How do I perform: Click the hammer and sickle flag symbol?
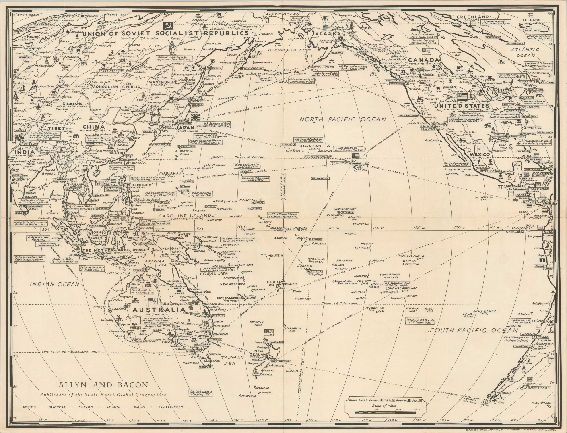coord(168,25)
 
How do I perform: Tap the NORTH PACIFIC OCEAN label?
coord(343,119)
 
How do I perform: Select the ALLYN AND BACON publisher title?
coord(103,393)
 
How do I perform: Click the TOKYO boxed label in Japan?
coord(182,121)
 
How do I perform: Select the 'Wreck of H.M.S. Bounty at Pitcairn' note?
coord(420,321)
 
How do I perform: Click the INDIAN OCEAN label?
coord(54,284)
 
